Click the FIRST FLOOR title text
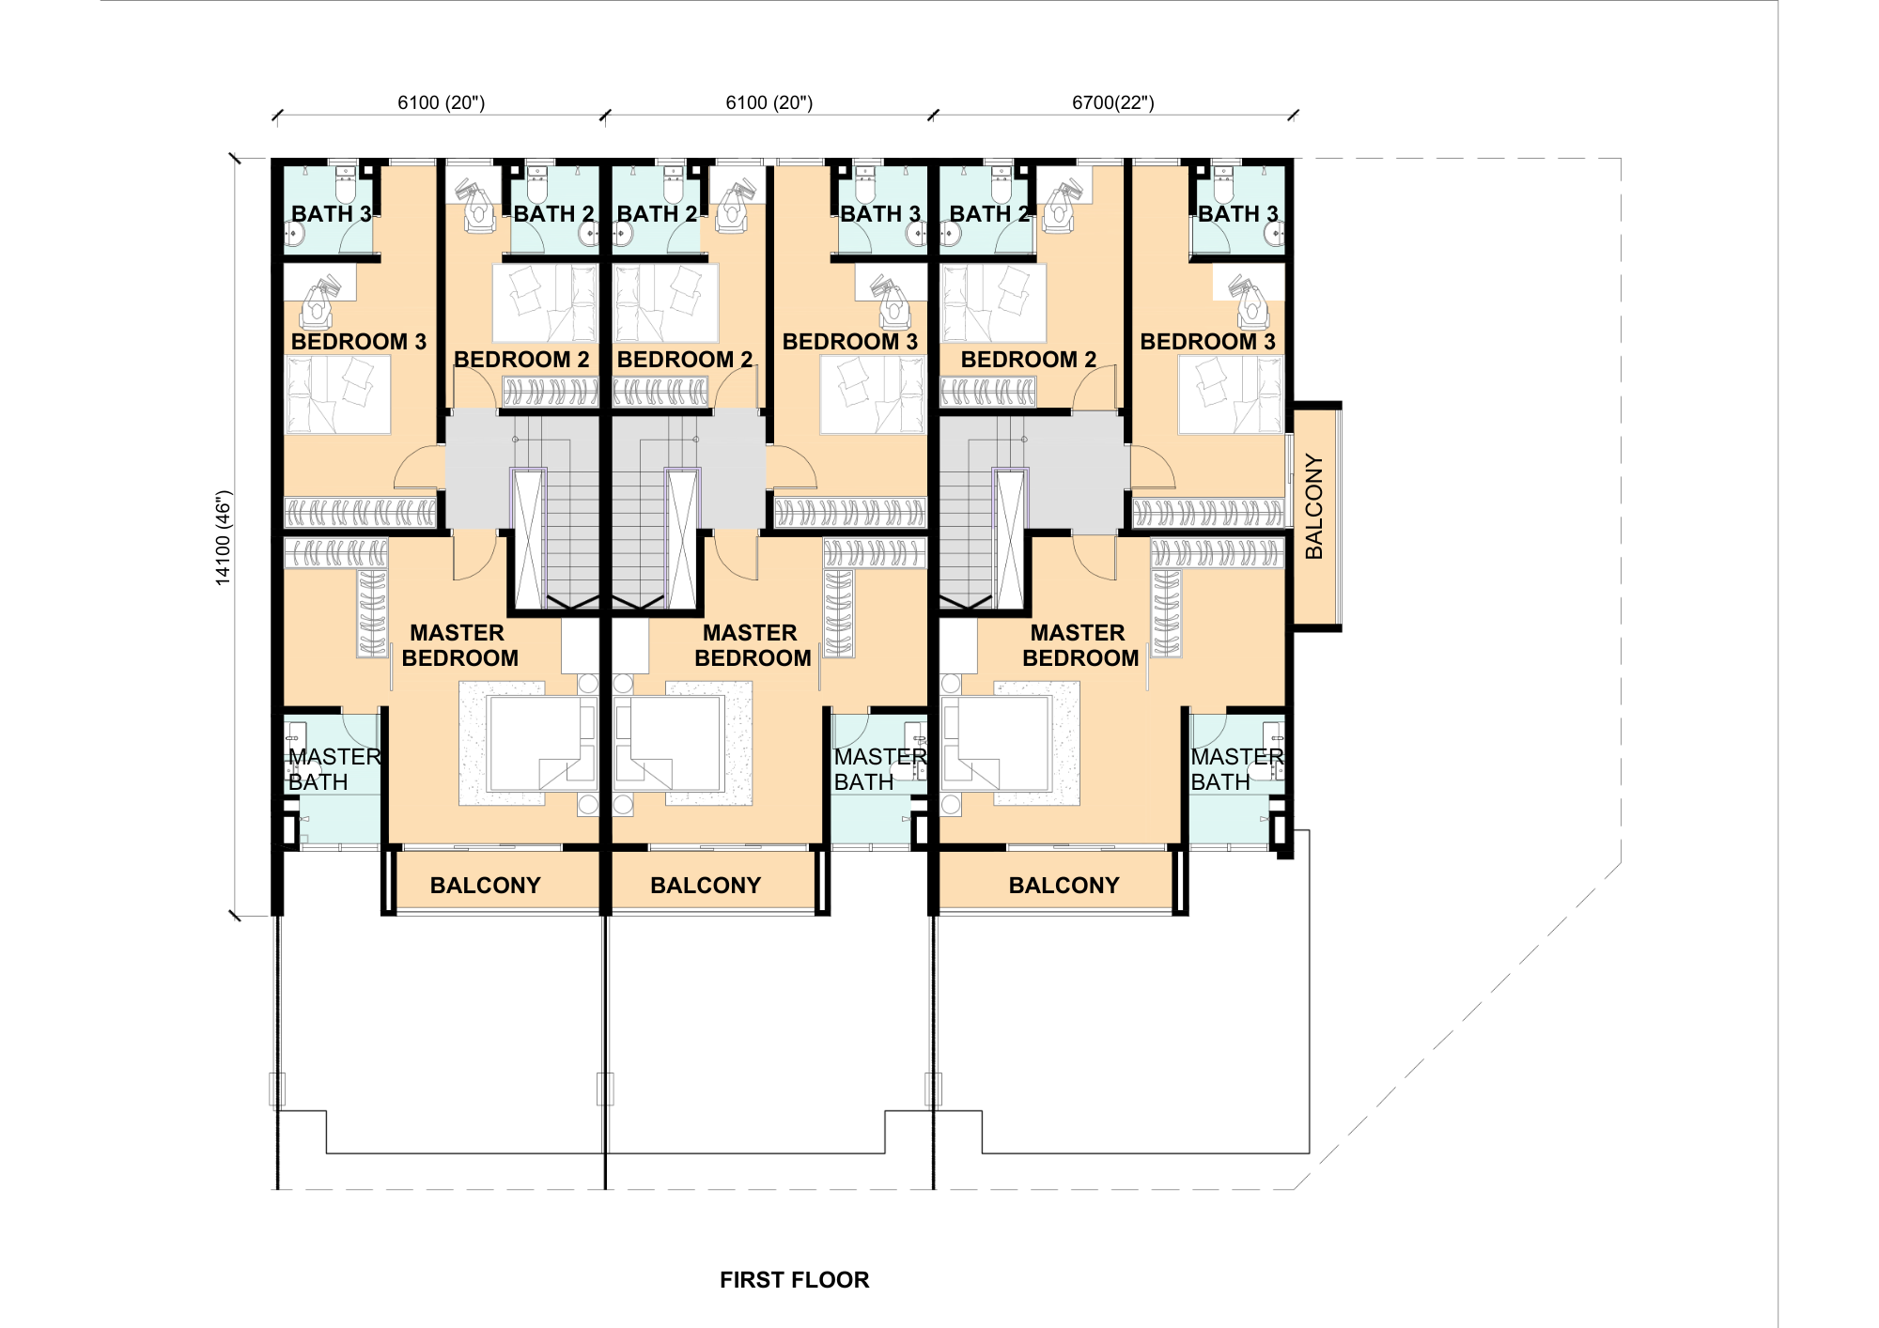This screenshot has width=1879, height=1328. point(794,1280)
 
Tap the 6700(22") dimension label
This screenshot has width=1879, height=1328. point(1112,102)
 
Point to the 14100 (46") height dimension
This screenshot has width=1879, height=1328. point(224,538)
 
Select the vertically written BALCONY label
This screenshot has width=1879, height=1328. point(1314,507)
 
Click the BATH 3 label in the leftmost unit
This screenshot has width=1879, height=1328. point(331,214)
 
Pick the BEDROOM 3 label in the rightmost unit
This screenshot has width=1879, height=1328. point(1207,342)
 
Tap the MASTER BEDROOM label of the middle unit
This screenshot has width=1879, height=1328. point(752,645)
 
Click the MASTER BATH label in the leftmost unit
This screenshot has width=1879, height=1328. point(334,769)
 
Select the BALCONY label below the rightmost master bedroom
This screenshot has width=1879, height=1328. point(1064,886)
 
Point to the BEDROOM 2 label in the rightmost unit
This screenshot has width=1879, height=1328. point(1029,360)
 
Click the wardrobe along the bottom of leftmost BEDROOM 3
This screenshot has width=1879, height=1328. point(361,512)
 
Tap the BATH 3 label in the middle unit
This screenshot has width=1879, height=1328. point(880,214)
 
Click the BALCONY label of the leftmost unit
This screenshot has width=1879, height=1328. point(485,886)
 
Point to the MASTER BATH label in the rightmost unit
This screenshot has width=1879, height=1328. point(1236,769)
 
